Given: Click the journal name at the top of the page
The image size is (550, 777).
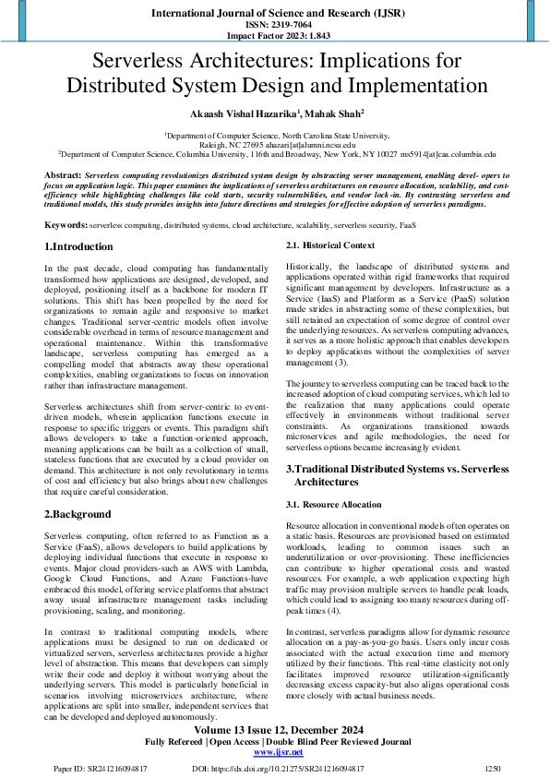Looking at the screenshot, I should click(274, 13).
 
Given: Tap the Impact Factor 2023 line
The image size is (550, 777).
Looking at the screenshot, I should click(274, 36).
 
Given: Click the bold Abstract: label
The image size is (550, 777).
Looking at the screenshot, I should click(63, 173).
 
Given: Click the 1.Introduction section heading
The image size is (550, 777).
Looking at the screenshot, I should click(79, 246).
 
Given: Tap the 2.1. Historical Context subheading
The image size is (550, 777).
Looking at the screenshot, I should click(329, 245).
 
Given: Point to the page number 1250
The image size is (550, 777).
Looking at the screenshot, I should click(494, 768).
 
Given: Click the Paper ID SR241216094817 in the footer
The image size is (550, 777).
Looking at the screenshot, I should click(101, 768).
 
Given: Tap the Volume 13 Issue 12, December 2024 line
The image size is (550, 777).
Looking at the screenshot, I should click(274, 729).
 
